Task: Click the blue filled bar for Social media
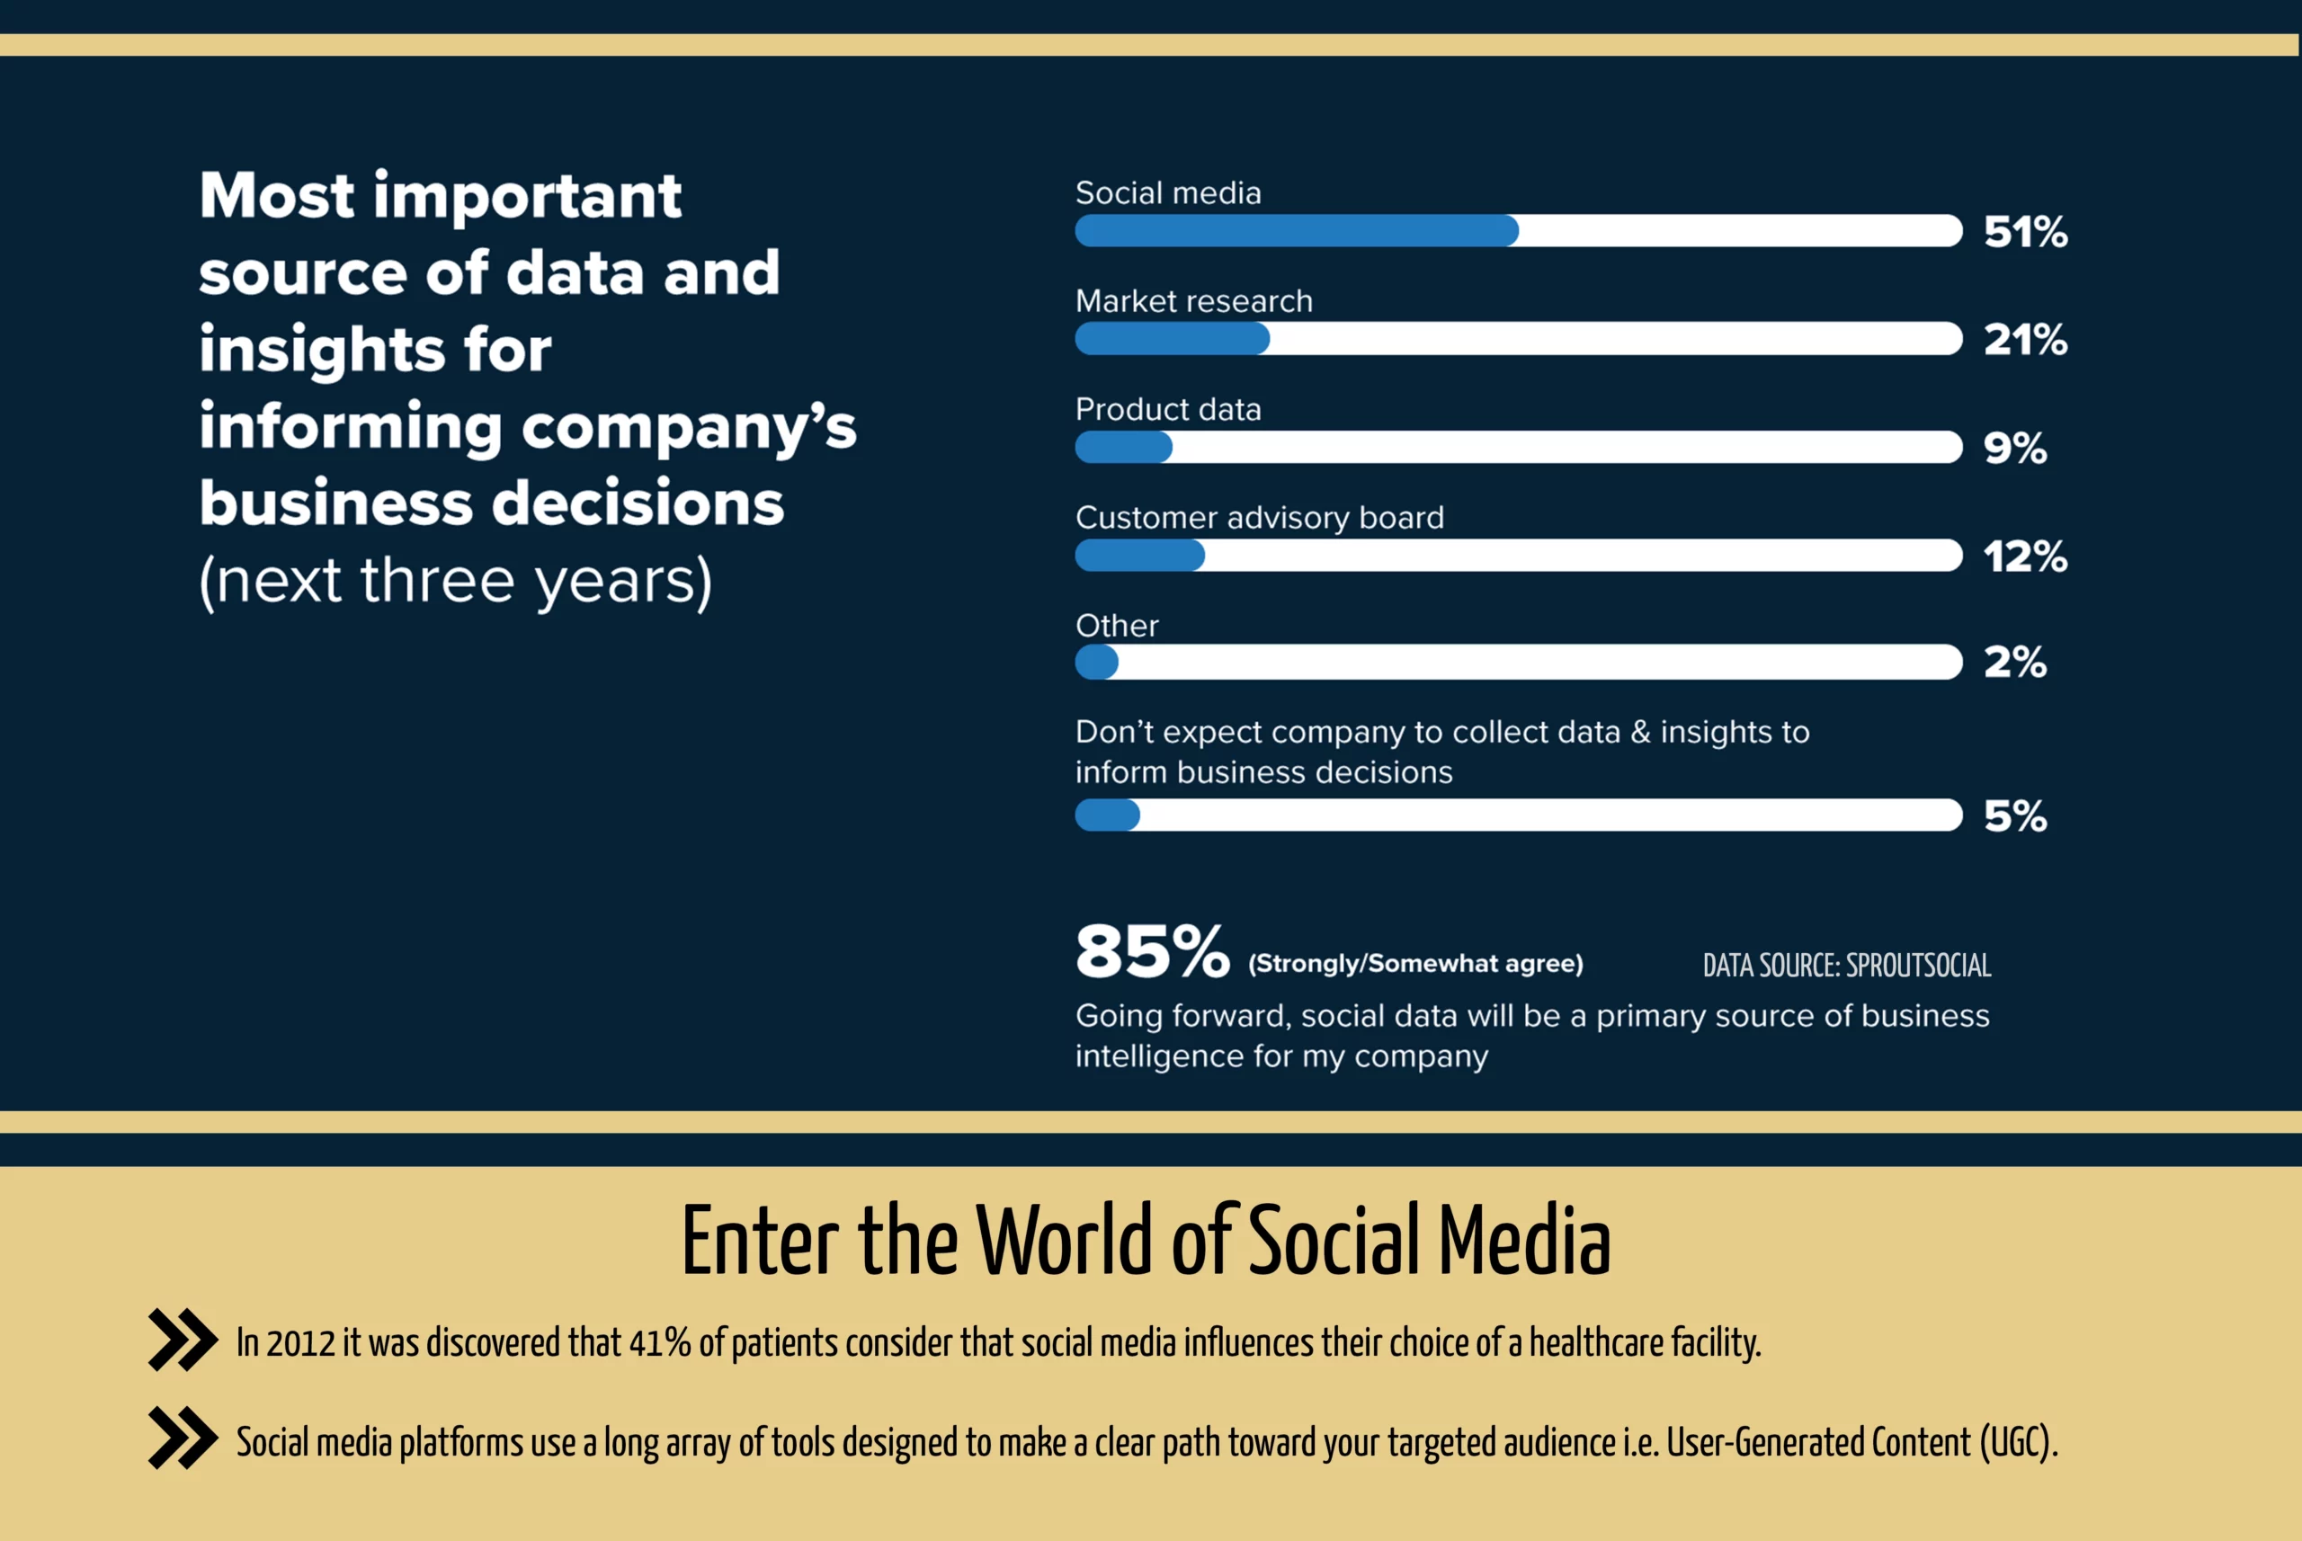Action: click(1297, 231)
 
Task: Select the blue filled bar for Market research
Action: click(1173, 339)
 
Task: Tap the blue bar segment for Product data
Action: click(1123, 447)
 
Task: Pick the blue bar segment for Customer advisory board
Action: click(1140, 556)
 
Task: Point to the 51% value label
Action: click(2025, 232)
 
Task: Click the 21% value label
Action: click(2025, 340)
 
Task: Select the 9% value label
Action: click(2015, 448)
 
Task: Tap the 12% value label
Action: click(2025, 557)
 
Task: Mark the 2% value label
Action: click(2015, 663)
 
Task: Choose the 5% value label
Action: click(2015, 815)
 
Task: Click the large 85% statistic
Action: click(1152, 951)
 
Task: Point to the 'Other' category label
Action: click(1117, 625)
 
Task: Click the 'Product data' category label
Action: click(1168, 409)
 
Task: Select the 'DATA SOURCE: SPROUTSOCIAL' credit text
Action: click(1847, 965)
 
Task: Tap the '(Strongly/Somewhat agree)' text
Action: click(1415, 963)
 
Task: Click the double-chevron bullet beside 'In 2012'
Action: click(183, 1340)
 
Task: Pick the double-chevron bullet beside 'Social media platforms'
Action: click(183, 1438)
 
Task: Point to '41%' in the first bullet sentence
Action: click(659, 1342)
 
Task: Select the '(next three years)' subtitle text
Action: click(455, 581)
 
